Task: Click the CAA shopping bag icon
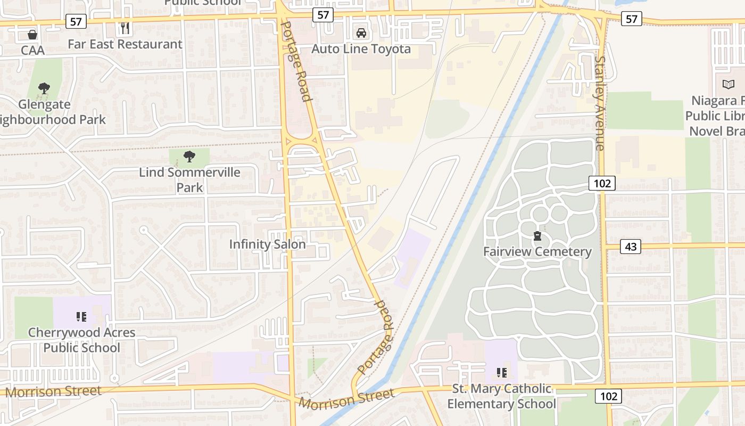tap(32, 35)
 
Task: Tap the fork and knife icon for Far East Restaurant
tap(125, 28)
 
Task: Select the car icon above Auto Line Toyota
tap(361, 33)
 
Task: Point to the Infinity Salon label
tap(267, 244)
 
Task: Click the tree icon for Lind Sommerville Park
tap(189, 157)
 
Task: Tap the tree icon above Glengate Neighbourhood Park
tap(44, 88)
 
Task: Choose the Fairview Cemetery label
tap(537, 252)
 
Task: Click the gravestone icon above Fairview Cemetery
tap(537, 236)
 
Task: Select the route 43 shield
tap(630, 247)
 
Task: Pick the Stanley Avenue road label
tap(600, 104)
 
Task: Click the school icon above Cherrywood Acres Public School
tap(81, 317)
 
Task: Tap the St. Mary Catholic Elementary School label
tap(501, 396)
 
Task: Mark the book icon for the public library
tap(728, 84)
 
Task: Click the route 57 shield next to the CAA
tap(76, 22)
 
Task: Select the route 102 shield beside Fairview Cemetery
tap(602, 184)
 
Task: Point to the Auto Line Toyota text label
tap(361, 49)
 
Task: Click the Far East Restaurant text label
tap(125, 44)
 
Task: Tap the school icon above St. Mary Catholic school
tap(501, 372)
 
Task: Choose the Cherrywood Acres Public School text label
tap(81, 340)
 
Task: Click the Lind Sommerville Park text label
tap(189, 180)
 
